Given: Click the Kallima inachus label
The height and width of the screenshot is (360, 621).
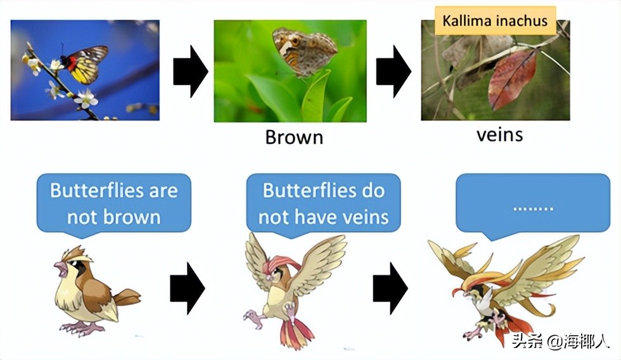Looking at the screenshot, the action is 495,20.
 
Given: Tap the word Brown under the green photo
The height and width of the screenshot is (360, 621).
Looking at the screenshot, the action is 294,138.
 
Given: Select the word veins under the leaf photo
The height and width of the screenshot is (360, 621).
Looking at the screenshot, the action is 499,134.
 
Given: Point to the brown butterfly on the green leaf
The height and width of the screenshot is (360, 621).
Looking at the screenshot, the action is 304,51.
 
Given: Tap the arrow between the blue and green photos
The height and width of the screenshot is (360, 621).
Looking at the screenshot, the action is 191,71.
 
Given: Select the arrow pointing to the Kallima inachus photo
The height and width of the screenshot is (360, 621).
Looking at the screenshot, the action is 394,71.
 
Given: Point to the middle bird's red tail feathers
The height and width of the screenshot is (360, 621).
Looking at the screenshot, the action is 295,332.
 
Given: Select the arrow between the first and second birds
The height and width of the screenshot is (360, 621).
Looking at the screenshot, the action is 188,288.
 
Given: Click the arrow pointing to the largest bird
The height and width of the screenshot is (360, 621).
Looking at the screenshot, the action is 390,288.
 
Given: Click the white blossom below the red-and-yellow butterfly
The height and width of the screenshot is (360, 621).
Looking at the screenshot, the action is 86,99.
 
